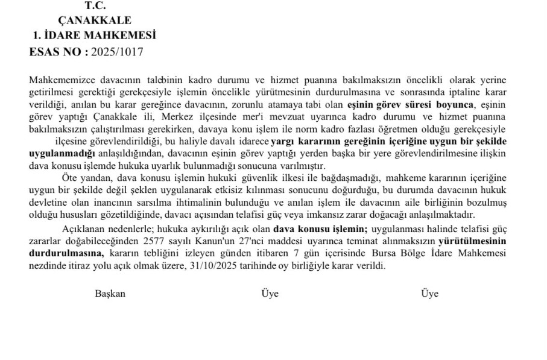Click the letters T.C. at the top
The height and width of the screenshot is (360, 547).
click(x=95, y=6)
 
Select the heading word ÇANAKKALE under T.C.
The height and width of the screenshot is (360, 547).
click(x=95, y=21)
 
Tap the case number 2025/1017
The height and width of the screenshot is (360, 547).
click(x=117, y=52)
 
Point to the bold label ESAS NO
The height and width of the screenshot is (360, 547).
click(x=57, y=52)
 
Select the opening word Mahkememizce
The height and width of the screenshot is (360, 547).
click(x=58, y=80)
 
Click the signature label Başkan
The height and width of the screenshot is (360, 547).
click(x=110, y=294)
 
